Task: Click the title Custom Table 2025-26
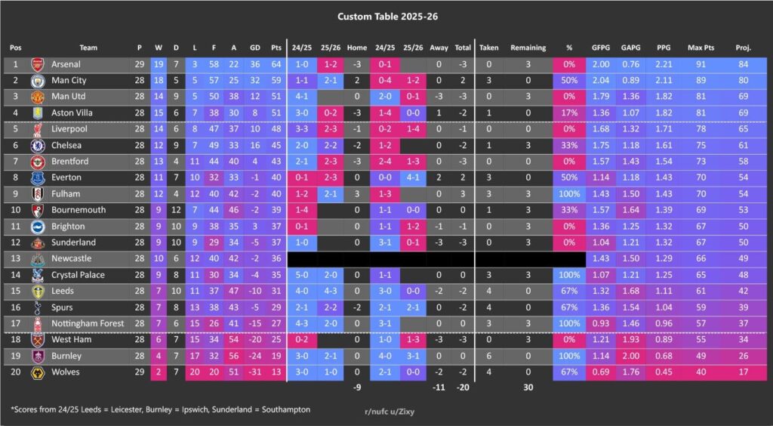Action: (386, 16)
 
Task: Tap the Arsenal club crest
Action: (38, 64)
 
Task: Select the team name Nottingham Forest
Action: (88, 323)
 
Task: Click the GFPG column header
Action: (601, 47)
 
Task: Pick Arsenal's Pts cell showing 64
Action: (276, 64)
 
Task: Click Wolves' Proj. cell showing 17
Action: (743, 372)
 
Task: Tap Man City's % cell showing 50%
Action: (569, 80)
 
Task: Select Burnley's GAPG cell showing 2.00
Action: (631, 356)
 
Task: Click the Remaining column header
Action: (528, 47)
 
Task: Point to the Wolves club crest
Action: (38, 372)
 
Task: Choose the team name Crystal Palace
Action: (79, 275)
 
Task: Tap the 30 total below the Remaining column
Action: (528, 387)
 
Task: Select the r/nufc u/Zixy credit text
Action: (390, 412)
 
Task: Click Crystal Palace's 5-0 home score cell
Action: (301, 275)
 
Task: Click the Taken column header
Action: (489, 47)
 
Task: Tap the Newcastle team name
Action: (73, 258)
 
